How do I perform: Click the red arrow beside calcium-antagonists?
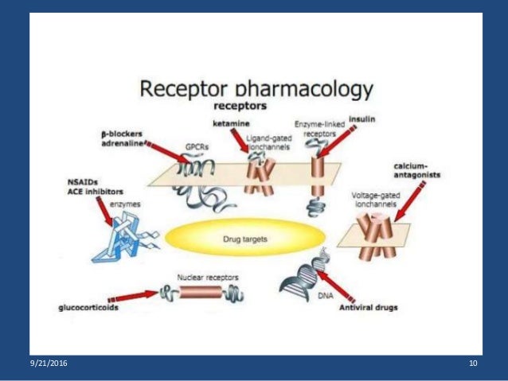click(406, 200)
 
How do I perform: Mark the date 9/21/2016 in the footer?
click(49, 364)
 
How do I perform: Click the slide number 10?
click(473, 364)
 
